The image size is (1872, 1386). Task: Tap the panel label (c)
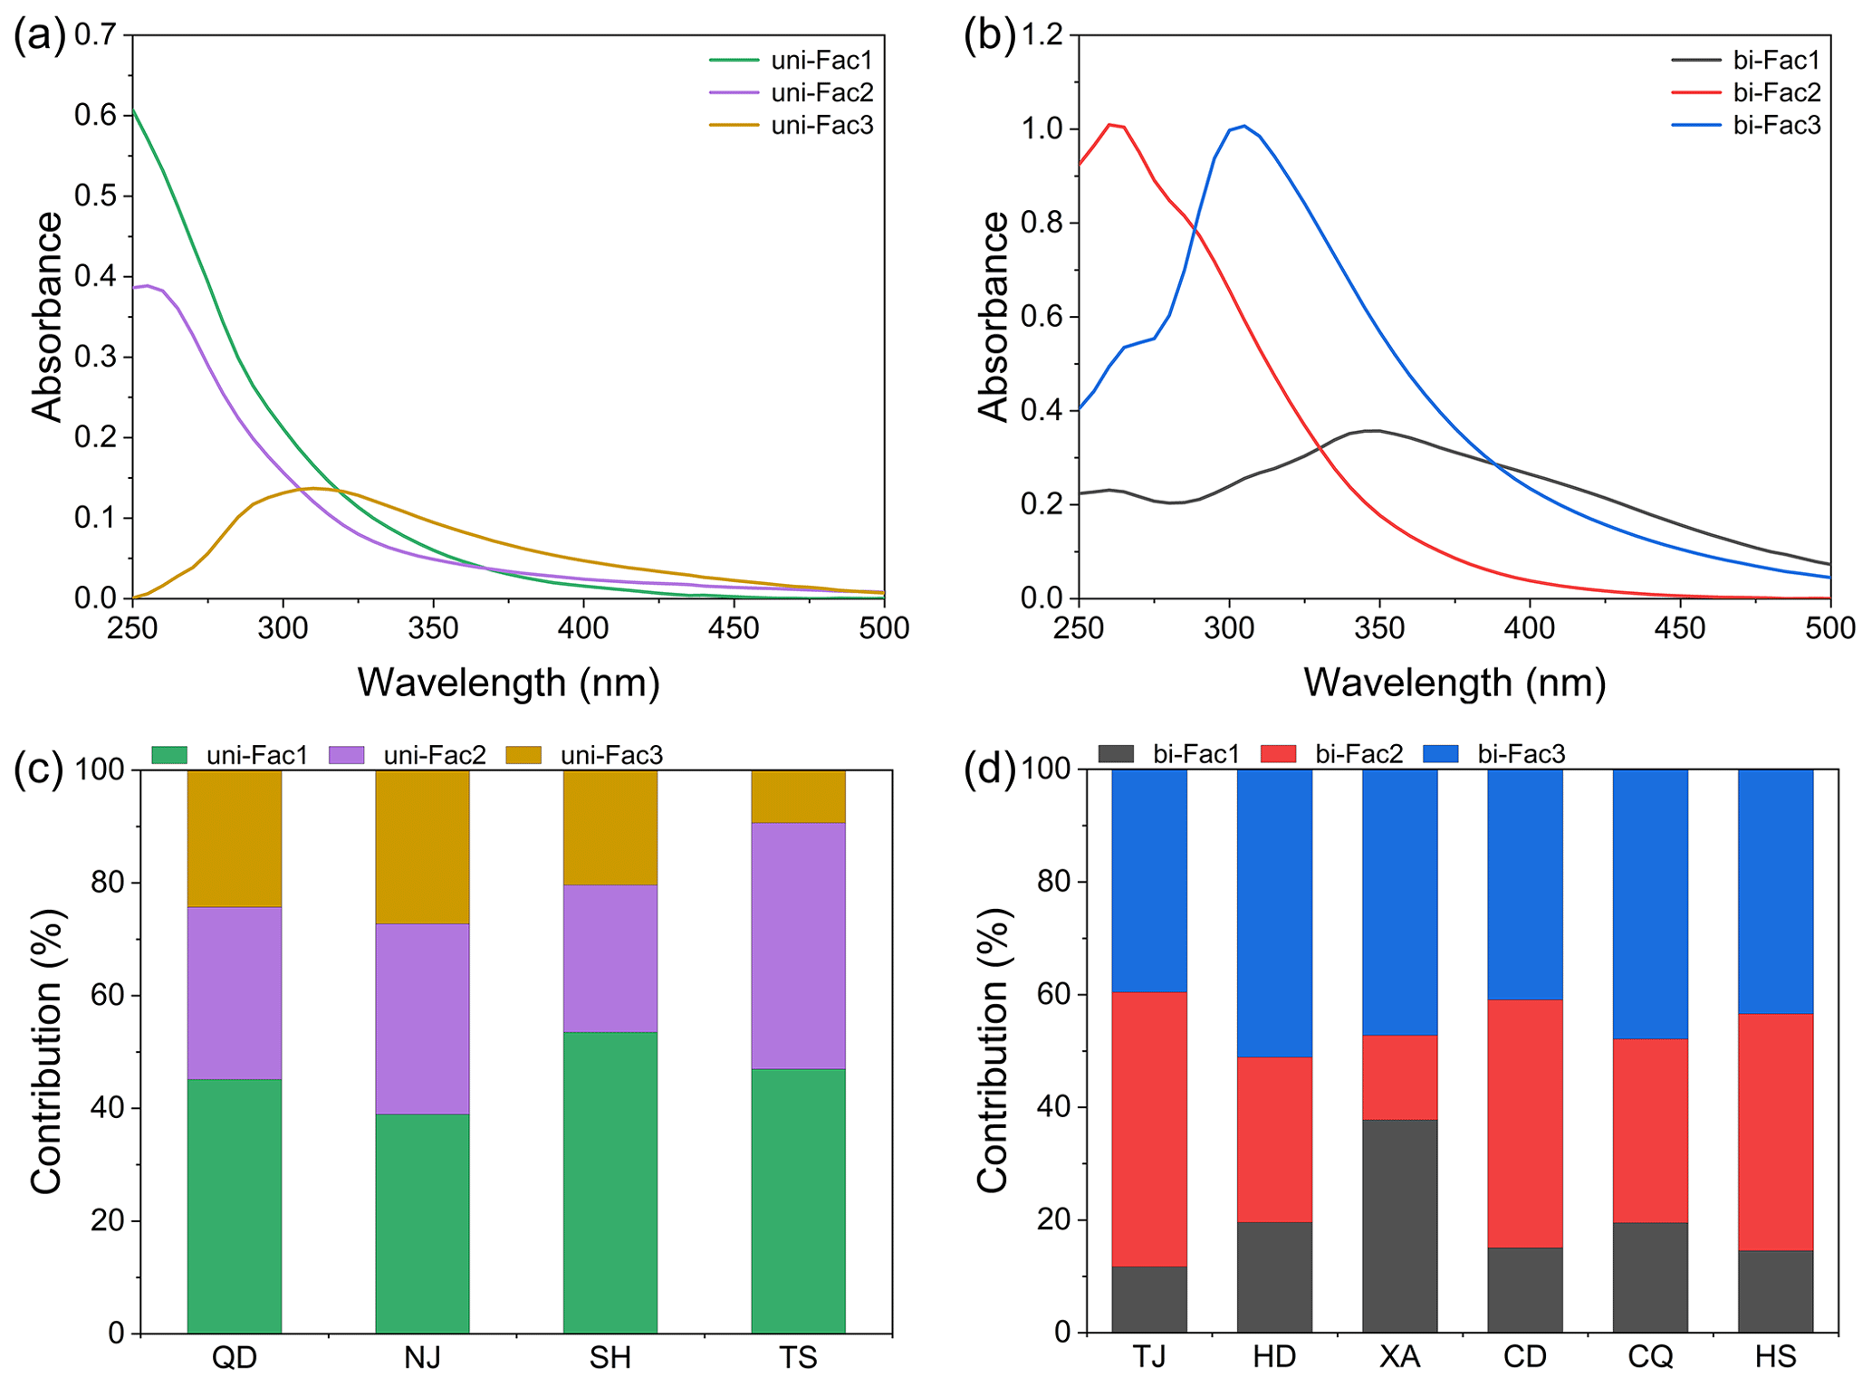point(39,769)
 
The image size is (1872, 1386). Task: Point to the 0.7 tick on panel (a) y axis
point(96,35)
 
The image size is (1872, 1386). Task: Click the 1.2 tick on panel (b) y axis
point(1042,35)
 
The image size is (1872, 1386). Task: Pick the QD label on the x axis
point(234,1357)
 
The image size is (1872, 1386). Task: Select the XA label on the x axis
point(1399,1356)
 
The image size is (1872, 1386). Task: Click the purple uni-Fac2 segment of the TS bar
point(798,945)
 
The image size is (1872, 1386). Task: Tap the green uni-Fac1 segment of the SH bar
point(610,1181)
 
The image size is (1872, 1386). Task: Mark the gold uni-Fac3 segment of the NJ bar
point(422,846)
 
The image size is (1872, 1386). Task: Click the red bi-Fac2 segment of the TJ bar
point(1148,1128)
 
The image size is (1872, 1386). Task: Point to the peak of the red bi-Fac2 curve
point(1110,125)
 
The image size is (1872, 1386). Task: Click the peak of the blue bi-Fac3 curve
point(1244,126)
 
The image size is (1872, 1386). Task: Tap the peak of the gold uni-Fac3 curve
point(312,488)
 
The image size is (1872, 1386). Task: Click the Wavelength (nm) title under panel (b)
point(1454,682)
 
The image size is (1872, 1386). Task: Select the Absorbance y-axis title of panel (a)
point(47,316)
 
